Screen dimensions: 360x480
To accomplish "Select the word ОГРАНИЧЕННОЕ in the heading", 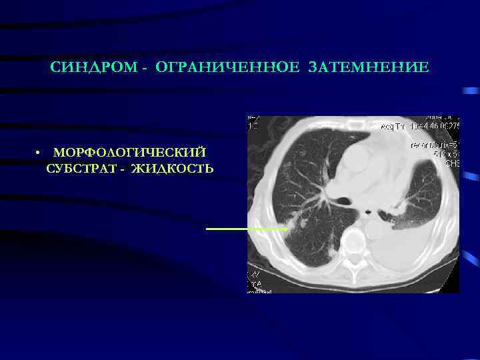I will pyautogui.click(x=213, y=68).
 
